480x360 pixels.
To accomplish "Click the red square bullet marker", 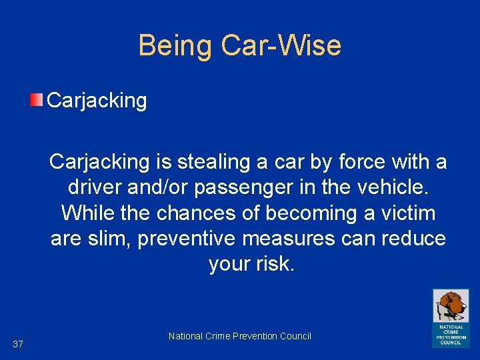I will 36,101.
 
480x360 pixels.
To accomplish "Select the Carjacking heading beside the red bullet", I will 97,101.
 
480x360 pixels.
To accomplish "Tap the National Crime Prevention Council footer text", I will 240,336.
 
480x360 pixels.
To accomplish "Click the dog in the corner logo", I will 451,306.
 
